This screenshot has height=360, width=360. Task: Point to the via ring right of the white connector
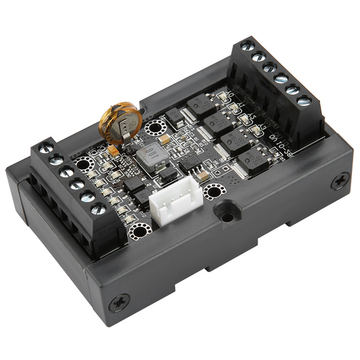tap(213, 192)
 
